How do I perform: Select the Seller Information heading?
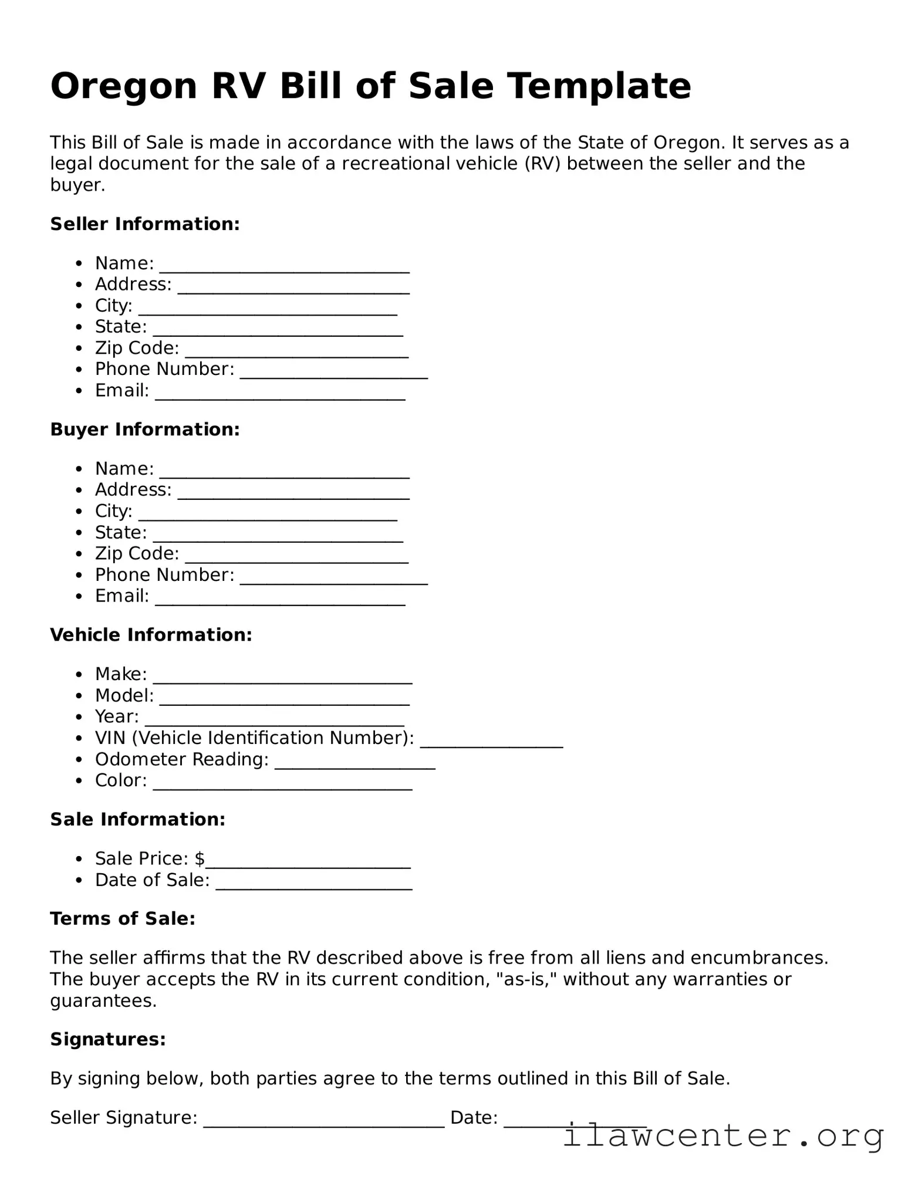145,224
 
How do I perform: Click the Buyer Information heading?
145,430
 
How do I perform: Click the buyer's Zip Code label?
137,553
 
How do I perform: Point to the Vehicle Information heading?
151,635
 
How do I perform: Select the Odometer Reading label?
181,759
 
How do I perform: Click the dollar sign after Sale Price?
200,859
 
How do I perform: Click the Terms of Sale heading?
122,919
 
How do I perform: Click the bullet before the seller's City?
79,306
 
